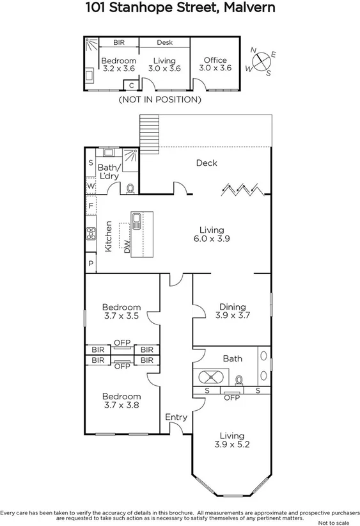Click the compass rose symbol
[262, 62]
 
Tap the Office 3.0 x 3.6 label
[215, 64]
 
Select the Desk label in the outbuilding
[164, 43]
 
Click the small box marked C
[132, 84]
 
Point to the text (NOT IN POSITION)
[160, 100]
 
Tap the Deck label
[206, 163]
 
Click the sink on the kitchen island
[137, 221]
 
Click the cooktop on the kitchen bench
[90, 234]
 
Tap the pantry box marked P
[91, 264]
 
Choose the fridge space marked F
[91, 206]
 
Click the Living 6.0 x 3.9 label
[211, 234]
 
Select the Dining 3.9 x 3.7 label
[232, 311]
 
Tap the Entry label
[176, 417]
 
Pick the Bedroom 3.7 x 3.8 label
[121, 401]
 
